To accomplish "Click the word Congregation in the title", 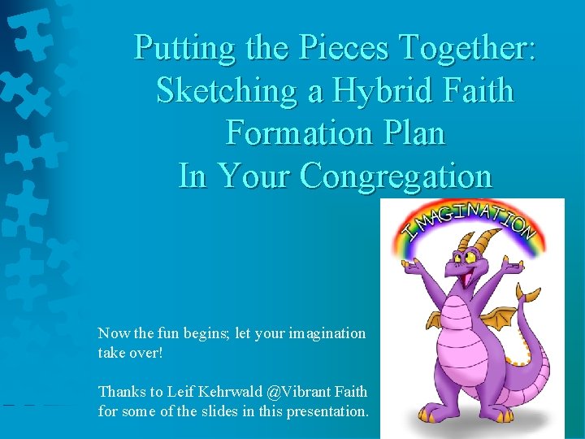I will point(396,175).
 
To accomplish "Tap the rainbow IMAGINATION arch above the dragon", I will point(472,224).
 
